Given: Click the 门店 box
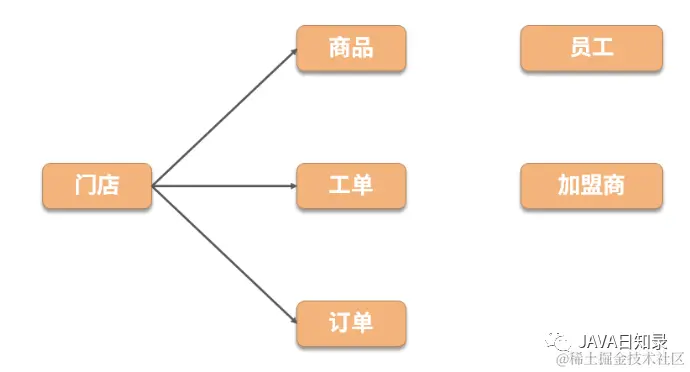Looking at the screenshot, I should tap(97, 186).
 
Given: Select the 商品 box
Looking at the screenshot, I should tap(351, 48).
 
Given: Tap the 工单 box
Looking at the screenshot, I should tap(351, 186).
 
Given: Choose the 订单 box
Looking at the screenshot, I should tap(351, 323).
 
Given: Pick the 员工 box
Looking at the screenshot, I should tap(591, 48).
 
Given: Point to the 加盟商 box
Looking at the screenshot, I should tap(591, 186).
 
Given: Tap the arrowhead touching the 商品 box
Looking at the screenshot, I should tap(294, 51).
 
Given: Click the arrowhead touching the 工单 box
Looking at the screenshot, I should tap(293, 186).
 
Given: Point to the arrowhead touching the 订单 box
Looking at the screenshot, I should tap(294, 320).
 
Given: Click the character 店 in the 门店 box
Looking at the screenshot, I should tap(109, 186).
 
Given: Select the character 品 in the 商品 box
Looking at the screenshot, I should tap(363, 48).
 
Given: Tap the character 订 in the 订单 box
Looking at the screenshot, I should tap(339, 323).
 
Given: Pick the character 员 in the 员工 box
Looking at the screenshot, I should tap(579, 48).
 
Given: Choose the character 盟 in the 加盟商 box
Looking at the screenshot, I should tap(591, 186).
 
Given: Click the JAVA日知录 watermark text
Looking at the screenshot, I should tap(625, 340).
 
